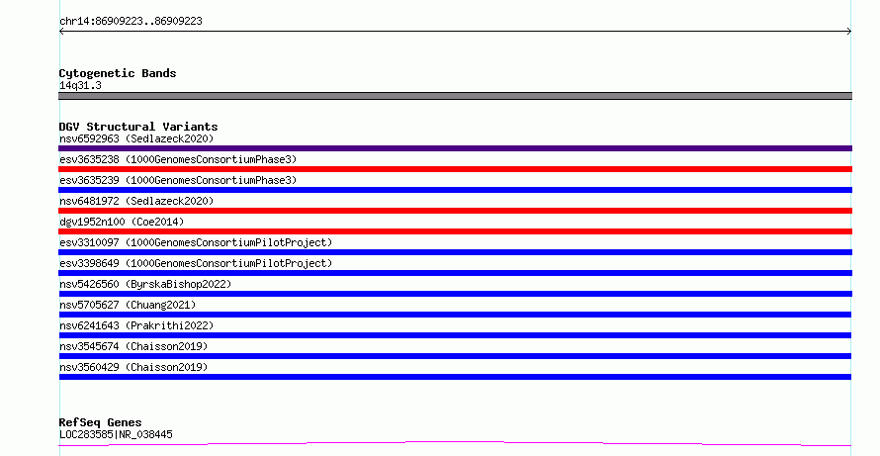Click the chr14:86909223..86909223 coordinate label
(x=131, y=22)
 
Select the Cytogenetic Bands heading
(x=118, y=73)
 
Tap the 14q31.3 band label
(x=80, y=85)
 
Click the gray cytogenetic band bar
(x=455, y=96)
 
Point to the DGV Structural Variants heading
(x=138, y=127)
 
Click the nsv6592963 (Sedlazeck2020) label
(x=136, y=138)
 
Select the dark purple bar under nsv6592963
(x=455, y=148)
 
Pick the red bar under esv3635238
(x=455, y=169)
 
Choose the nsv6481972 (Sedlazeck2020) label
(x=136, y=201)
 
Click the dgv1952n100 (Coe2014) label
(x=122, y=222)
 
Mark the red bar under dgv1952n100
(x=455, y=231)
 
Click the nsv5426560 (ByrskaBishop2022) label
(x=145, y=284)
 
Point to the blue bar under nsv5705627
(x=455, y=315)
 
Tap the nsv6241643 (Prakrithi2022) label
(x=136, y=325)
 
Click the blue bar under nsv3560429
(x=455, y=377)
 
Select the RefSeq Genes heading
(x=101, y=423)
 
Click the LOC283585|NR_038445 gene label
(x=116, y=434)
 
